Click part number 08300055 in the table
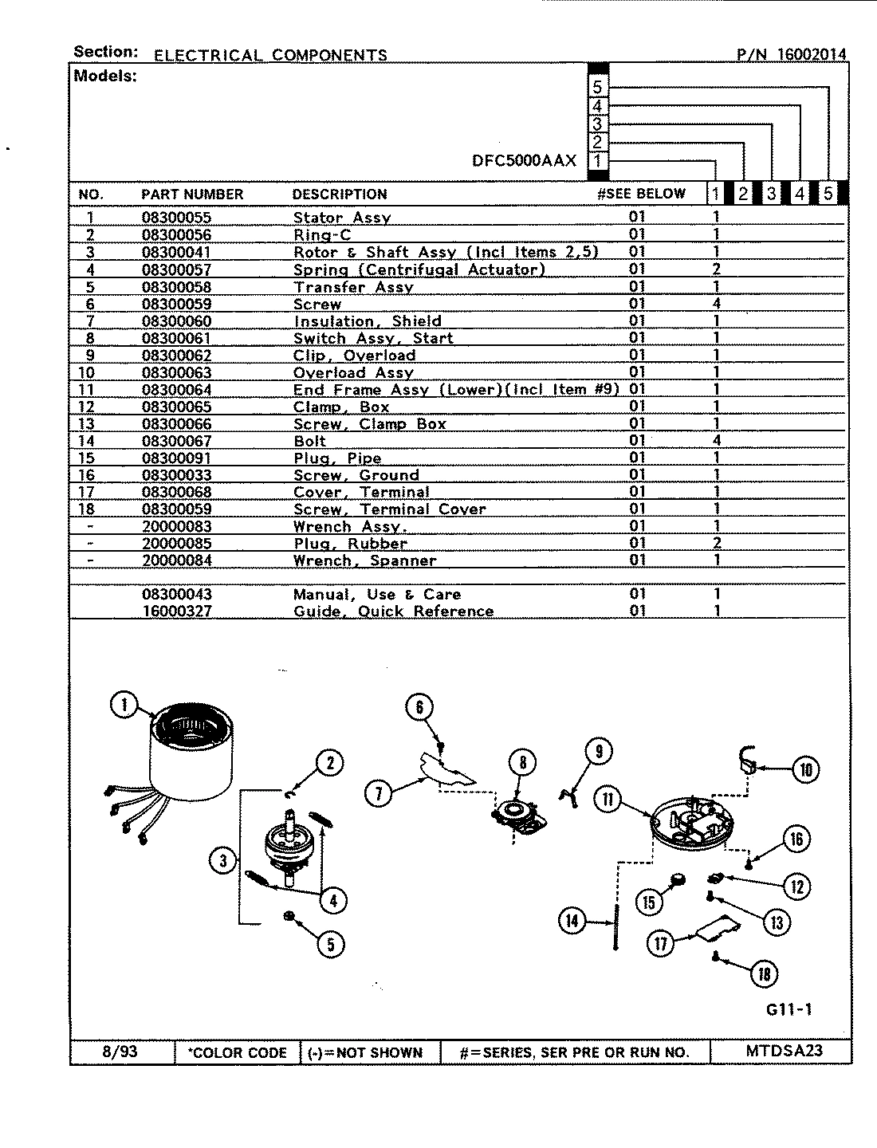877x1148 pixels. tap(176, 218)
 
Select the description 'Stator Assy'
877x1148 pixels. tap(342, 218)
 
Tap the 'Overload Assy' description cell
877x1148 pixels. tap(353, 372)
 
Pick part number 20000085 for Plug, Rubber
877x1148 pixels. tap(176, 544)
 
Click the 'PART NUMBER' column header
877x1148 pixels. tap(192, 194)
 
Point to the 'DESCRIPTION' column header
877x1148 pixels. tap(340, 194)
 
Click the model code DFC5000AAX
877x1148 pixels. tap(524, 160)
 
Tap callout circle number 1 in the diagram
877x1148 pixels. tap(124, 705)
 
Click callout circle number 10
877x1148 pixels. tap(805, 769)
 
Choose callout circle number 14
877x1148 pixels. tap(572, 922)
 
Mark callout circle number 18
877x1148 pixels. tap(764, 973)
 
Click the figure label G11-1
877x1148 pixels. tap(789, 1009)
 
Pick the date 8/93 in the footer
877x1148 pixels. tap(120, 1052)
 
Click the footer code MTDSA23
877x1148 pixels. tap(784, 1051)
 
